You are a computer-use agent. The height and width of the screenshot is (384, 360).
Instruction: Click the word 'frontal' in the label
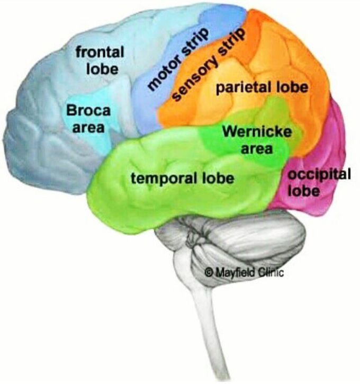(100, 52)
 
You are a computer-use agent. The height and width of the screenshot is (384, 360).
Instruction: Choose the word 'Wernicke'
(257, 131)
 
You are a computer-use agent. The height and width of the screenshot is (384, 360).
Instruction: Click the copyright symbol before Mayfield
(208, 272)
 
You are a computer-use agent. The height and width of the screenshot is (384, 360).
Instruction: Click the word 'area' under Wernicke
(257, 148)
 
